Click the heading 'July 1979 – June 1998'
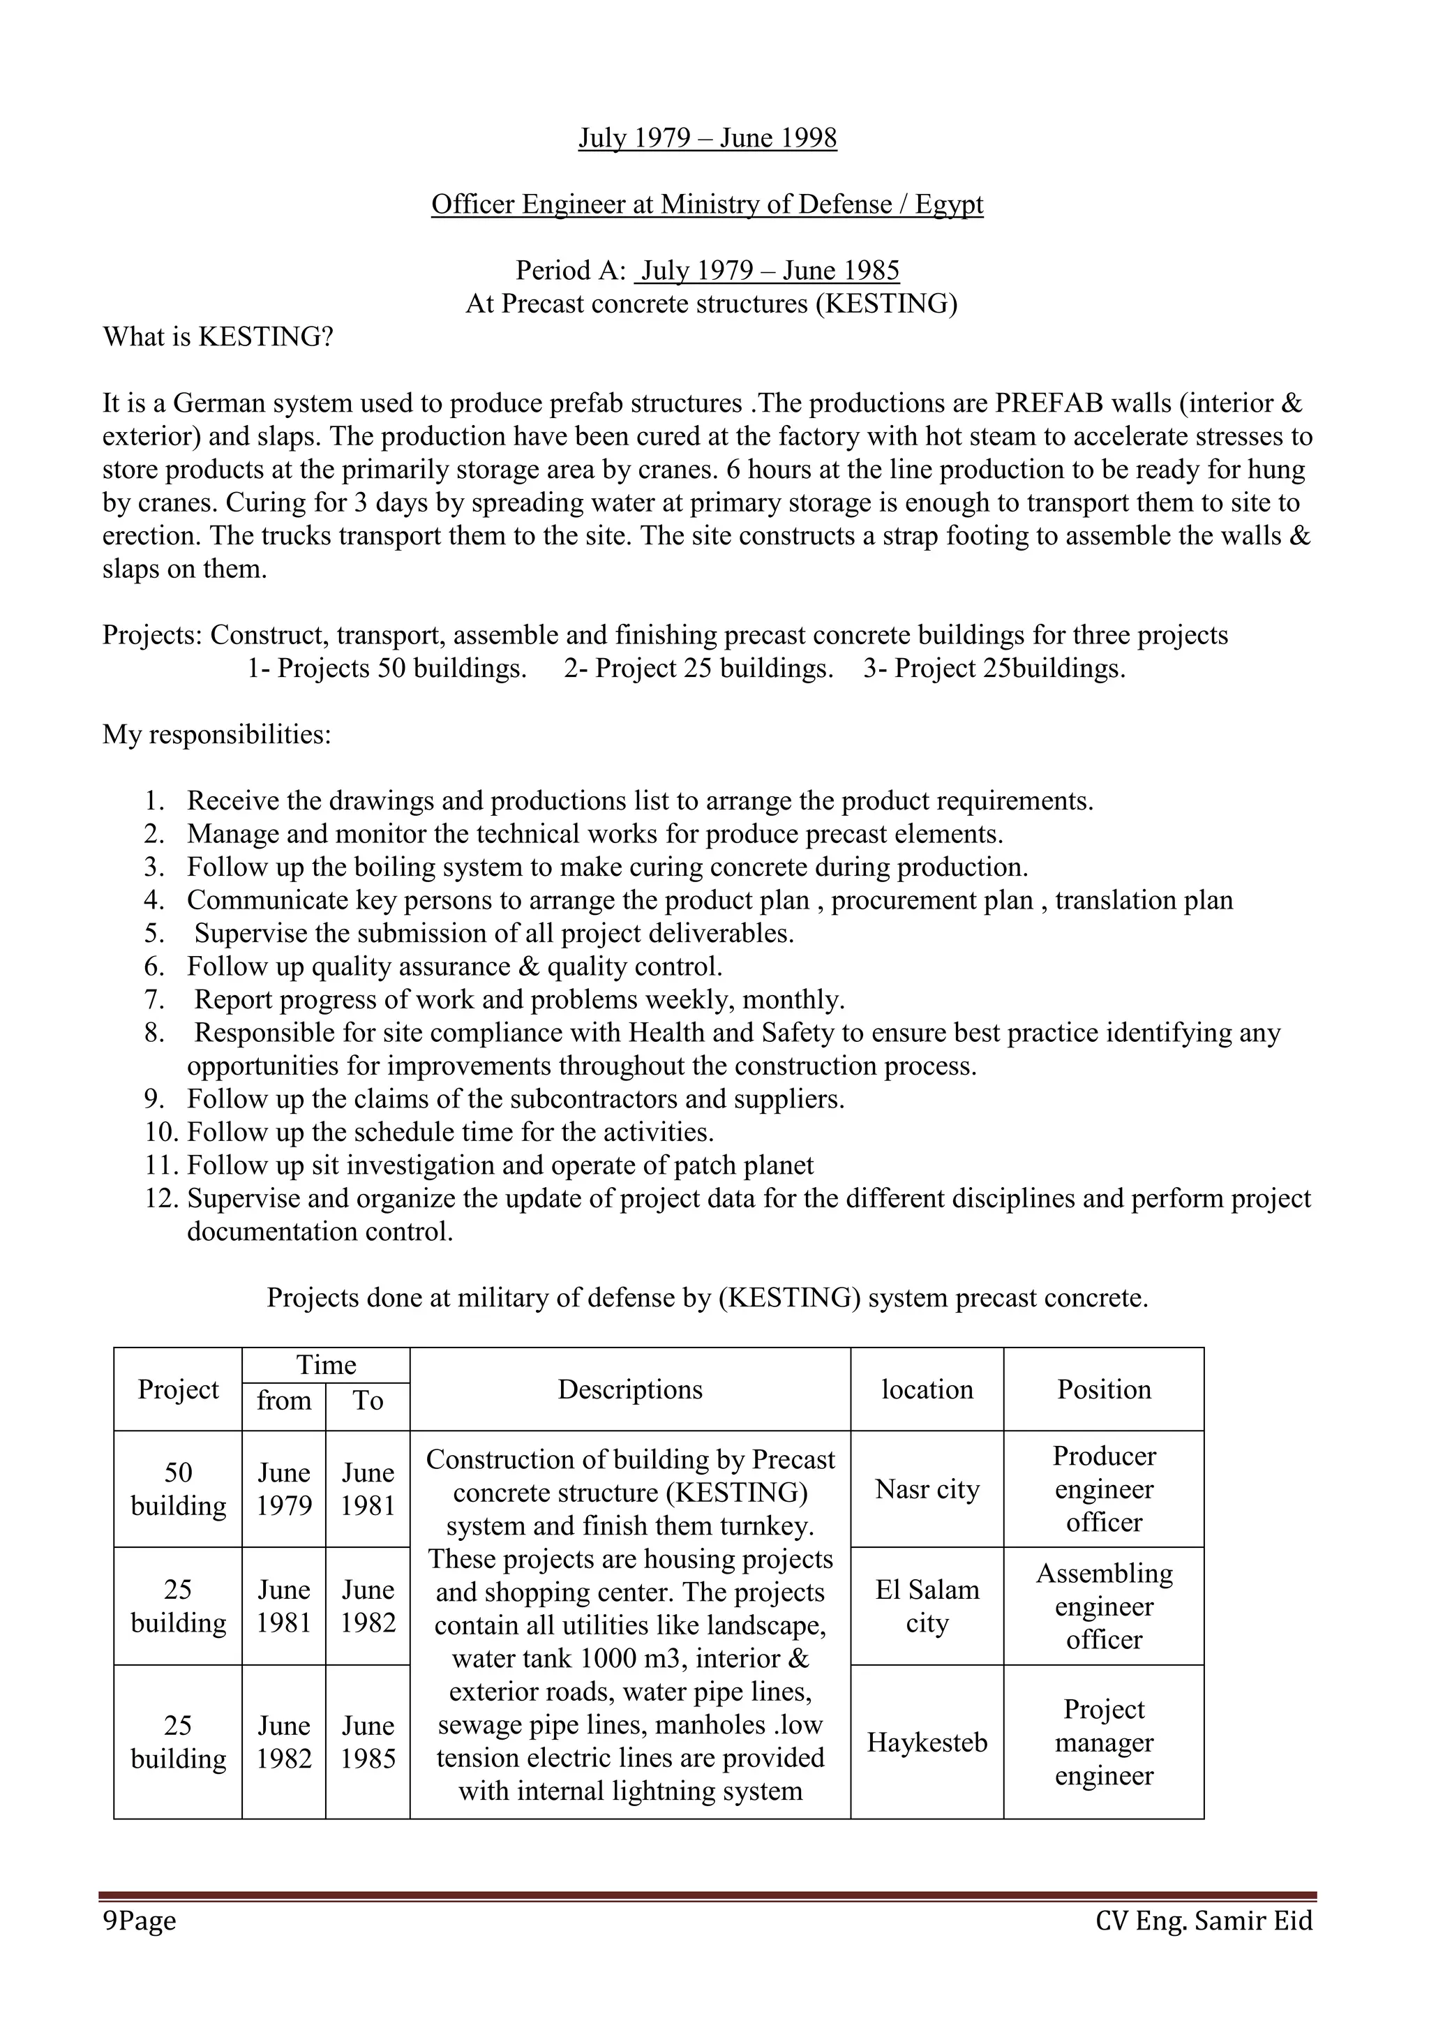(707, 138)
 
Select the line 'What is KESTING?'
(218, 337)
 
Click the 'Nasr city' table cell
(927, 1489)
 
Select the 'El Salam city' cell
(927, 1606)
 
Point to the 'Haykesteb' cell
(927, 1742)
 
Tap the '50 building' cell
(178, 1489)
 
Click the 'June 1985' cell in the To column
(368, 1742)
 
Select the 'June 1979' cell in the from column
(283, 1489)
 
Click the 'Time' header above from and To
(326, 1365)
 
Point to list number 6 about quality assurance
(454, 967)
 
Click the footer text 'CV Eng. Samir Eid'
(1204, 1921)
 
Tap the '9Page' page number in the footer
(139, 1921)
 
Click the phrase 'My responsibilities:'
(216, 734)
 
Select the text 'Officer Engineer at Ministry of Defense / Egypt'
(707, 204)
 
